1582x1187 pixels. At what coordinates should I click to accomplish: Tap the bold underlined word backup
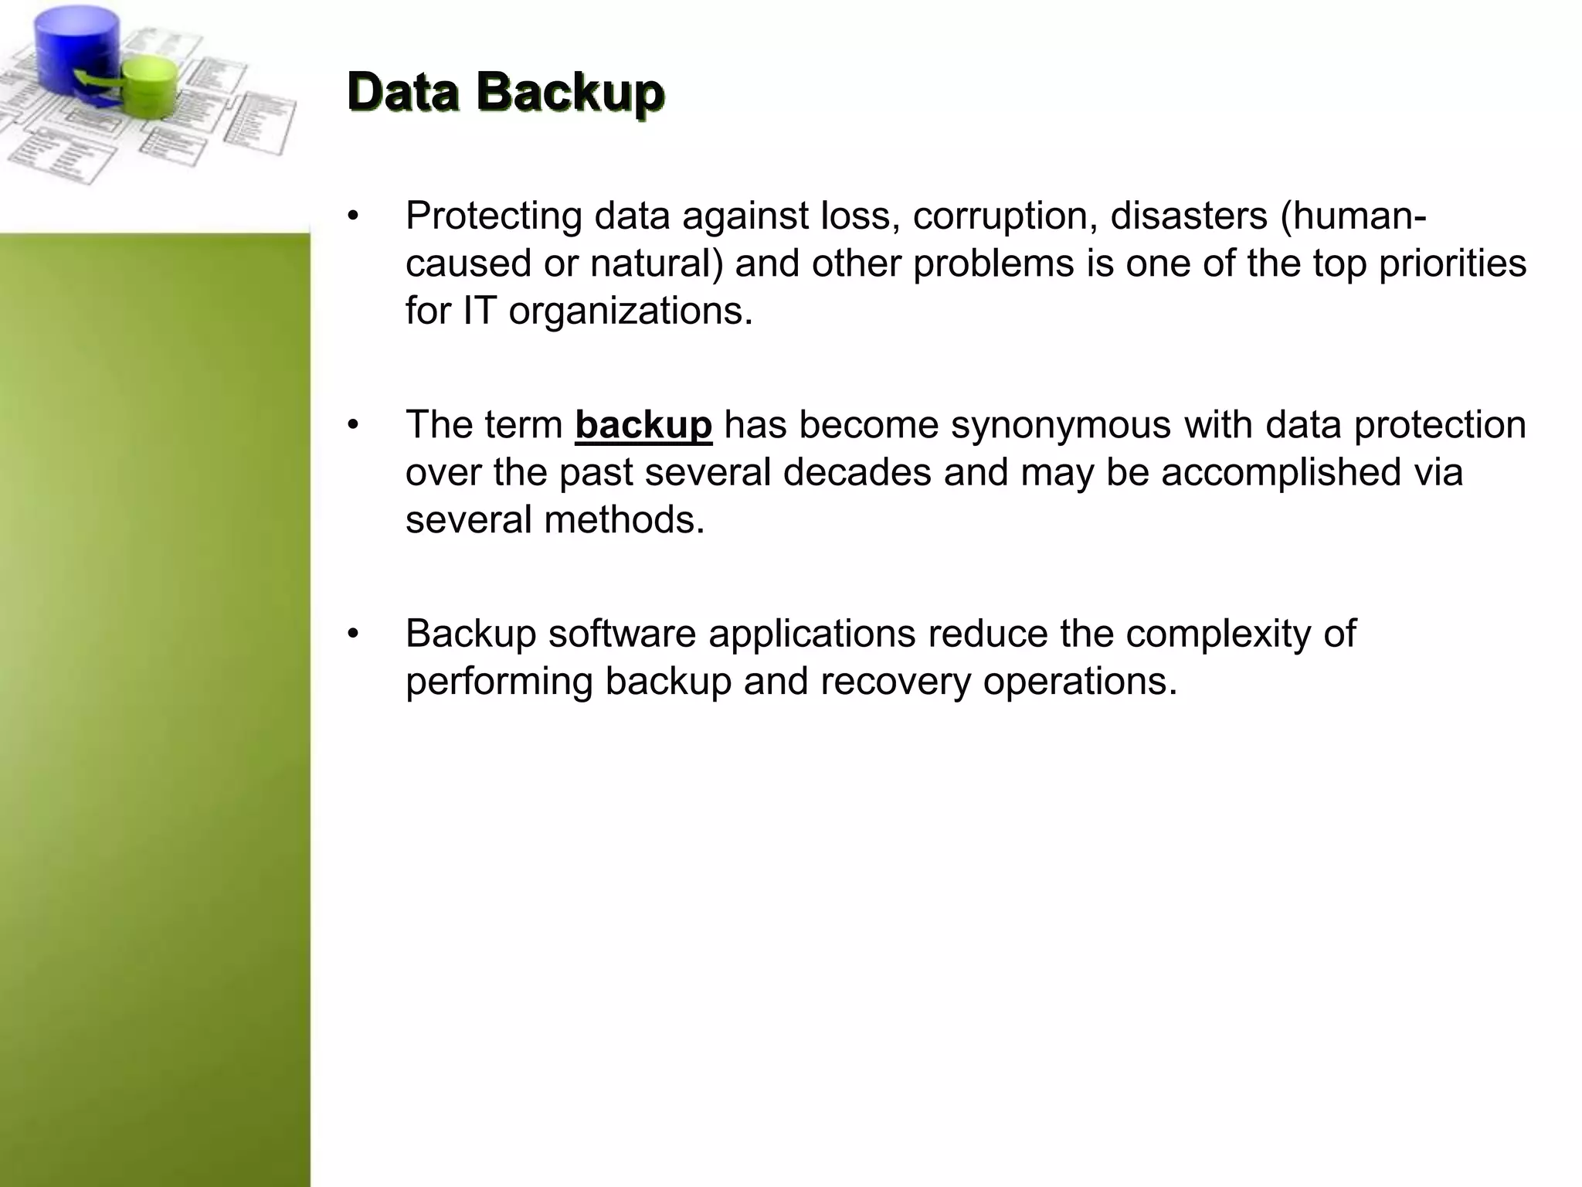(x=643, y=425)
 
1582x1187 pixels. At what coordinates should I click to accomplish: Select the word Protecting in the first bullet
(x=494, y=216)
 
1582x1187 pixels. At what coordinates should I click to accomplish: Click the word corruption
(x=1005, y=216)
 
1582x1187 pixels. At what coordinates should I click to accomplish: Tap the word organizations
(x=630, y=311)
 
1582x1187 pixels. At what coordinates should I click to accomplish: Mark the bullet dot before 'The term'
(x=353, y=425)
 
